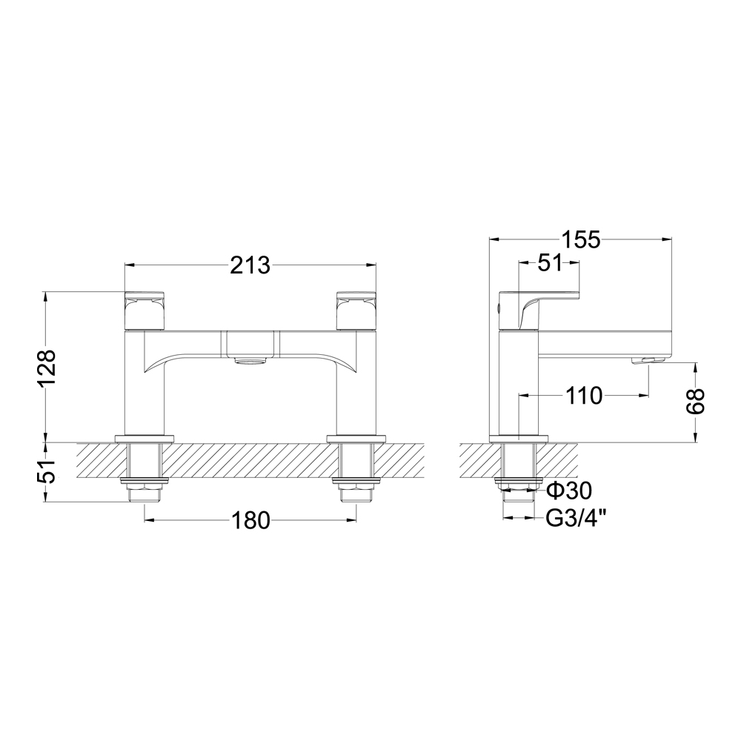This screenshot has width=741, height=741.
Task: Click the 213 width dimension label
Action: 249,265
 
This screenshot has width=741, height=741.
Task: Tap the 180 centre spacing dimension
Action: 250,521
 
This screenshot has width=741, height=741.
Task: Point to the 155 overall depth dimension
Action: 580,239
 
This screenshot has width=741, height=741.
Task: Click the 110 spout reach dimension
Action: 585,396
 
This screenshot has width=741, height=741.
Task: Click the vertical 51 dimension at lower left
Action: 46,472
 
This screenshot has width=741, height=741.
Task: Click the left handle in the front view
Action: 145,310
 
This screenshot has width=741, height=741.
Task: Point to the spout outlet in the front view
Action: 250,361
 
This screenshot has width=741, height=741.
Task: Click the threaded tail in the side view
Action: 519,474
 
